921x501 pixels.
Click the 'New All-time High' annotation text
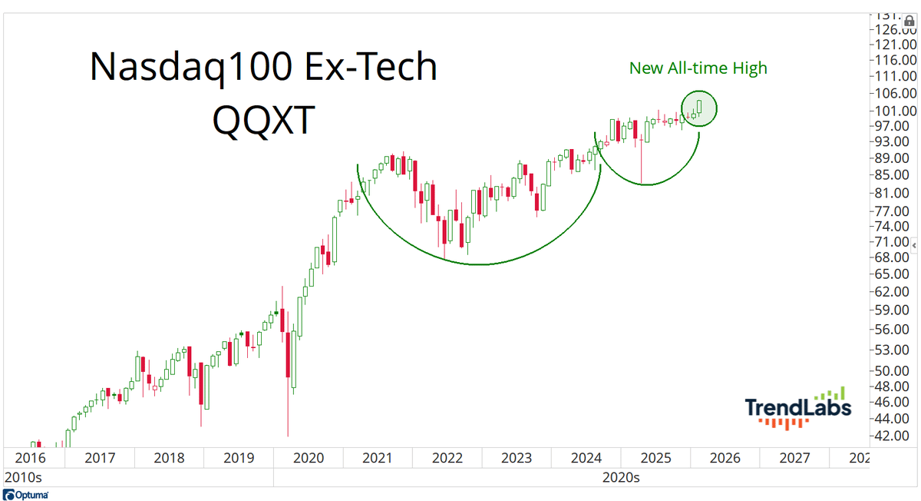[x=698, y=68]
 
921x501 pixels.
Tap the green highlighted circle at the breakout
[x=698, y=108]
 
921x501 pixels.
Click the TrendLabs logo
[x=798, y=408]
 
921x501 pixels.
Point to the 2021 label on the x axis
[x=377, y=459]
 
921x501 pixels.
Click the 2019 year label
[x=238, y=459]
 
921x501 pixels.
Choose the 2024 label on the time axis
[x=586, y=459]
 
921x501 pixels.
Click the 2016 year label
[x=30, y=459]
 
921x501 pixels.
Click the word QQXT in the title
[x=262, y=120]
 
